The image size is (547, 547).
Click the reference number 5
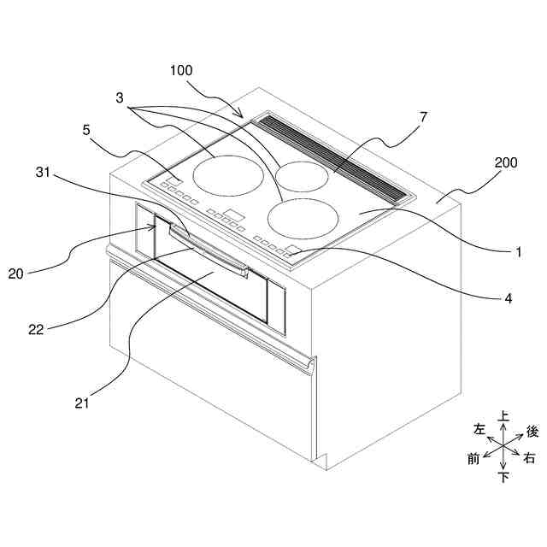[85, 131]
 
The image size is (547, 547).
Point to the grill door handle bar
[209, 252]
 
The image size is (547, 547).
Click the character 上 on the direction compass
[504, 416]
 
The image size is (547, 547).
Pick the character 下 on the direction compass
[504, 477]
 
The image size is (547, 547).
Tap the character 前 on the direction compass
[473, 459]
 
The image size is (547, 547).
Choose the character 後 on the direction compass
[532, 432]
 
